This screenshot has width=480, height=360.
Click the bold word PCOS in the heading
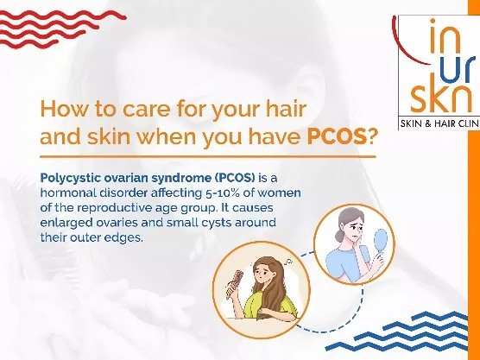336,137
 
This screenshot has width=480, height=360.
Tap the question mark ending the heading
370,137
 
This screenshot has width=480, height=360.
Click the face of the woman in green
262,272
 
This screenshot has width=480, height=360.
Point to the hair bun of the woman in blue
339,235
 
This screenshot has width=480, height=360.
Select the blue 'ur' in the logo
458,69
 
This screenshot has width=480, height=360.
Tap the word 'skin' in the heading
109,137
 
